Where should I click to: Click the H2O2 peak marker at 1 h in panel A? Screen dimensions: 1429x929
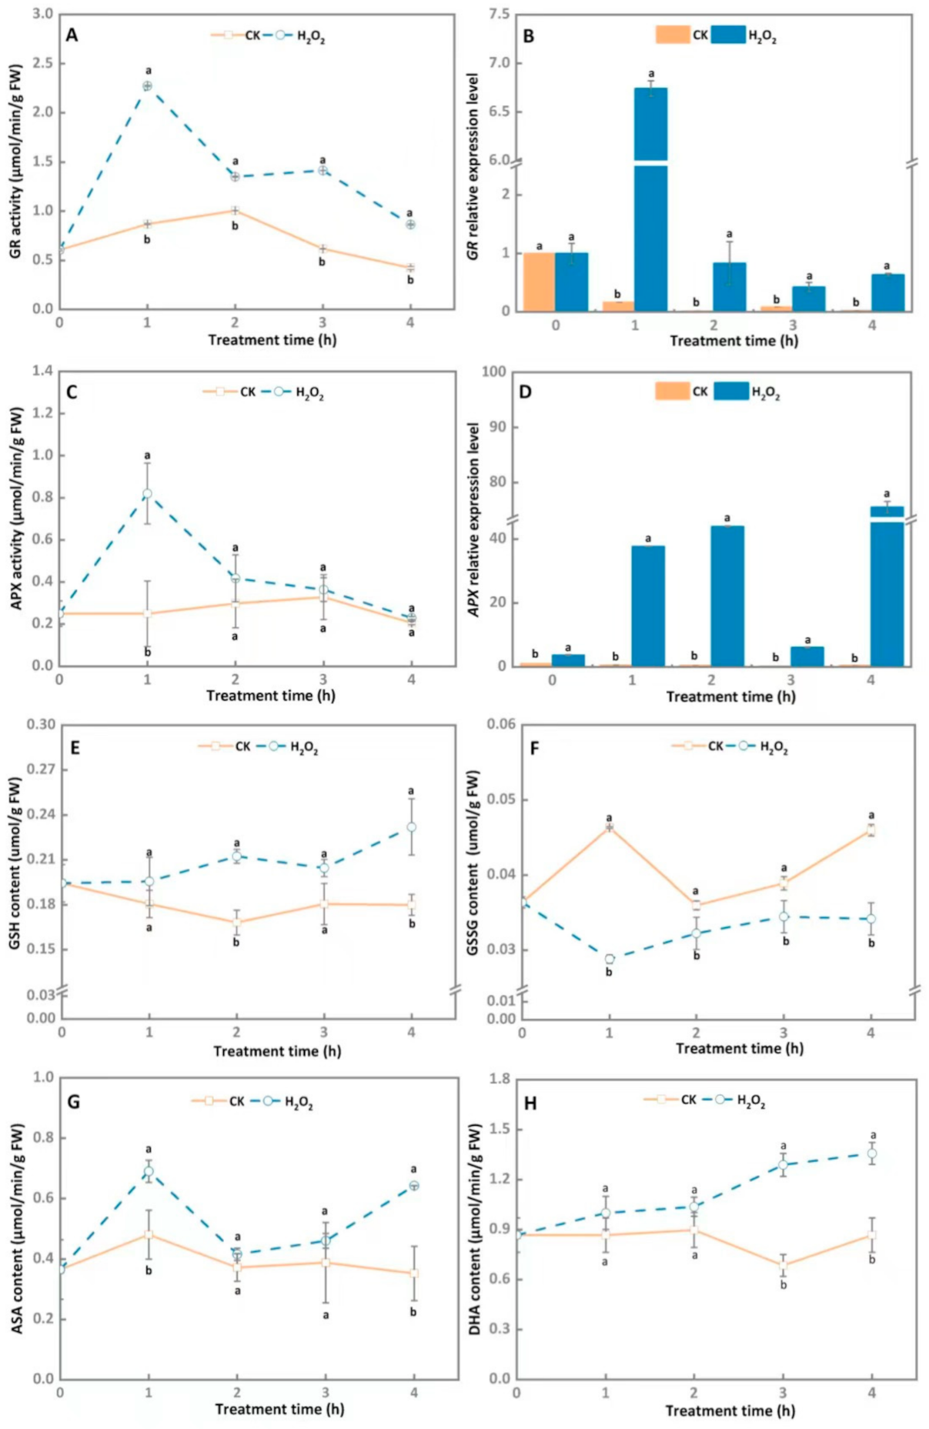(147, 85)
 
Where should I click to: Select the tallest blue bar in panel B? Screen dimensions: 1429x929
(651, 200)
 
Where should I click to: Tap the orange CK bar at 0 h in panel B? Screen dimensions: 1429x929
(538, 282)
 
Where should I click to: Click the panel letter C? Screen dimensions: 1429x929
(72, 392)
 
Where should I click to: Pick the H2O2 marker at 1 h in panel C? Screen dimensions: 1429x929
(147, 493)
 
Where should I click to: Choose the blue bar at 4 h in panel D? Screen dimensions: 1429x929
(887, 585)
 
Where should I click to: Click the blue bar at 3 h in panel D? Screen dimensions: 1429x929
(807, 656)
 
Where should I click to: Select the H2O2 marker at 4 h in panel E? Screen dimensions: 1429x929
(412, 827)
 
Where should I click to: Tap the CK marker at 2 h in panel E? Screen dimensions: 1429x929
(237, 922)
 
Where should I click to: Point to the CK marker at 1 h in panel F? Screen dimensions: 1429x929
(610, 827)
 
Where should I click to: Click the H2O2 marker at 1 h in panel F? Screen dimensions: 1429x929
(610, 959)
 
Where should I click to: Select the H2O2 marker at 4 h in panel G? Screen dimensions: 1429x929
(414, 1186)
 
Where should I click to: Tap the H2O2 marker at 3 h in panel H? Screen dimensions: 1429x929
(784, 1164)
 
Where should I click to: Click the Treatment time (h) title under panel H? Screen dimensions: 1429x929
(730, 1411)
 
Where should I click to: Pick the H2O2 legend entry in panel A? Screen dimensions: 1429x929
(299, 35)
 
